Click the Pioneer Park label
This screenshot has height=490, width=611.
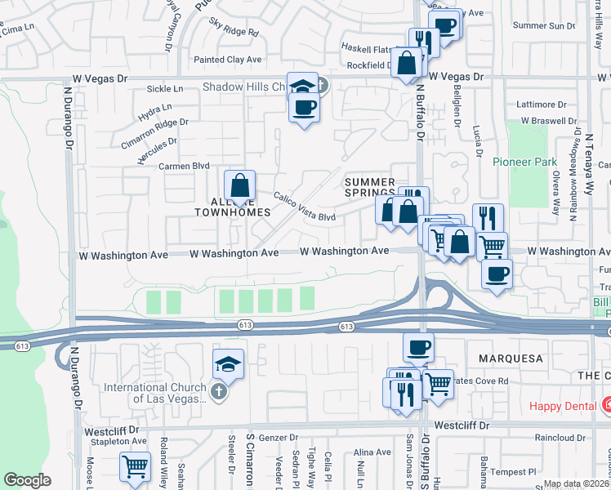point(524,162)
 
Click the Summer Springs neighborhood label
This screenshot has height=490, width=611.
point(369,187)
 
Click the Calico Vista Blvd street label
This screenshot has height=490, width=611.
point(305,207)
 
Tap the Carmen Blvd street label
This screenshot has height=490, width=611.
point(185,166)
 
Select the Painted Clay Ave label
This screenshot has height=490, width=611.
point(227,60)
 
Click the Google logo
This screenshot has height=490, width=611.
point(27,480)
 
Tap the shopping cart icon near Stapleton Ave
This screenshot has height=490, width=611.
point(136,467)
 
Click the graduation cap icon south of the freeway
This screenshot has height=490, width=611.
point(229,363)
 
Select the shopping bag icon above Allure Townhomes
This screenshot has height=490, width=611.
point(239,185)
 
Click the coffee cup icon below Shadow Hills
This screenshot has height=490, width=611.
point(305,107)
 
